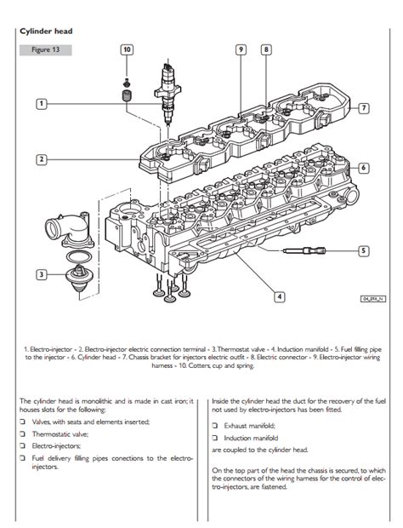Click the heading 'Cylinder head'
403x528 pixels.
click(46, 32)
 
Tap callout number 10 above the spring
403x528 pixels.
click(127, 50)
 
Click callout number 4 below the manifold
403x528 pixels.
click(279, 296)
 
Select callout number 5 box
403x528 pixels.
click(363, 251)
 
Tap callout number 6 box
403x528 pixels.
click(363, 168)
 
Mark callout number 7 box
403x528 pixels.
click(363, 108)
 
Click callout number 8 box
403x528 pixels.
click(266, 50)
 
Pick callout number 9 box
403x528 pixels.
click(241, 50)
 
